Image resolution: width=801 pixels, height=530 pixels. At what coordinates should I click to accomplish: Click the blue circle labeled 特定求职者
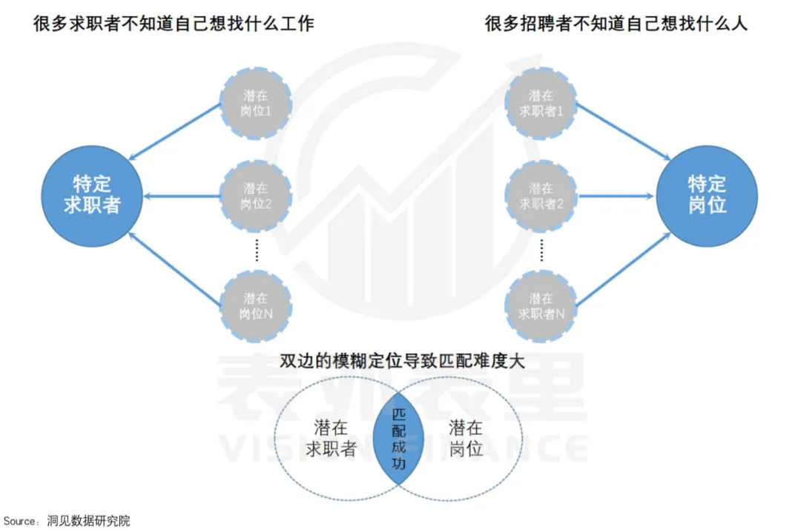(x=92, y=196)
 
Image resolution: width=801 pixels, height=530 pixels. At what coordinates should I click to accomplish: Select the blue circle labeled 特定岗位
(x=707, y=196)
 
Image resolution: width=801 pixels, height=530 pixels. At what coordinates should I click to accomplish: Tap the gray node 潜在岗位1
(x=256, y=103)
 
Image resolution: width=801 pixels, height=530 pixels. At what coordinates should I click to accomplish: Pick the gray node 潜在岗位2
(x=256, y=196)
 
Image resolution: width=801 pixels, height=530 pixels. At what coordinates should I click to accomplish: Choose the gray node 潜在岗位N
(x=256, y=306)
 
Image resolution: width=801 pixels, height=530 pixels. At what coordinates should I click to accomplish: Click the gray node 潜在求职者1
(x=541, y=103)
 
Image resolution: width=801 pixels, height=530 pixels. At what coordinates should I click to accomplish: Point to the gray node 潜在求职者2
(x=541, y=196)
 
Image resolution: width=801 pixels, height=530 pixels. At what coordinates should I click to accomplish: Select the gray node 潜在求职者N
(x=541, y=306)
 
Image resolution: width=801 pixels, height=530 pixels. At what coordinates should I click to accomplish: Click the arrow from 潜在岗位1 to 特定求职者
(x=174, y=132)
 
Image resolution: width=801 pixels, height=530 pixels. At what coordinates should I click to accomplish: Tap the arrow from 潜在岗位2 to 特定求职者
(x=182, y=196)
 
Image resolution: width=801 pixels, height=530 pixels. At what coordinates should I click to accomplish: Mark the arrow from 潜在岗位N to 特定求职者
(x=174, y=269)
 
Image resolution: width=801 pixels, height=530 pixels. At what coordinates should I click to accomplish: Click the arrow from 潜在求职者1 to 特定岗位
(x=624, y=132)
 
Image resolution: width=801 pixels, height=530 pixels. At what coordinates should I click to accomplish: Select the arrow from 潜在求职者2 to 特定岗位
(x=616, y=196)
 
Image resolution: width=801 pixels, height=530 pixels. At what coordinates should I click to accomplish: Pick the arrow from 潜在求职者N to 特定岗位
(x=624, y=269)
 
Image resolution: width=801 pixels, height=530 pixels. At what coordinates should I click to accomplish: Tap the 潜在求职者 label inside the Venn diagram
(x=331, y=439)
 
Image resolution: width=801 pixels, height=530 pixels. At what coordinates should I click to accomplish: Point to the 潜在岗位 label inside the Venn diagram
(x=466, y=439)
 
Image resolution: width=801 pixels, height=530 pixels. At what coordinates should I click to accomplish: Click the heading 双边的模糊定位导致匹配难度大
(x=403, y=361)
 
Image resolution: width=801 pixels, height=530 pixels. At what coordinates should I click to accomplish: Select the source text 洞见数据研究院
(x=88, y=521)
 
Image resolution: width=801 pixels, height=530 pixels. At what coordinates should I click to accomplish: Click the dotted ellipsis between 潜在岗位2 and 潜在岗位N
(x=257, y=251)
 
